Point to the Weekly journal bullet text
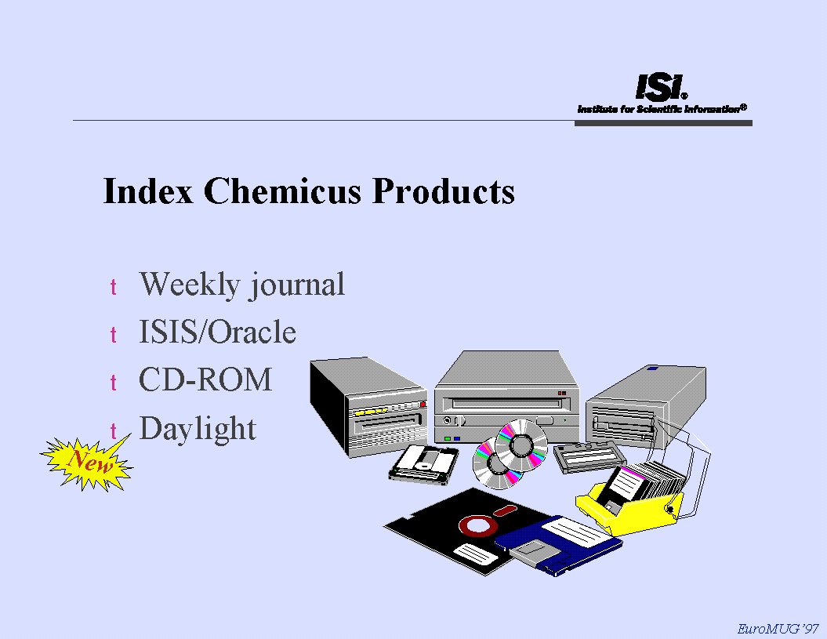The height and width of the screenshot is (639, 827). click(242, 285)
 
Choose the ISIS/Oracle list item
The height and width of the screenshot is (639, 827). click(217, 332)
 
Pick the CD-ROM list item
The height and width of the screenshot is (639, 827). click(205, 379)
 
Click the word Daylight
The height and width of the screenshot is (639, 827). click(198, 428)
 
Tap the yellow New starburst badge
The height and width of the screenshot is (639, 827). click(87, 463)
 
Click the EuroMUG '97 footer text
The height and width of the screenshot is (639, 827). click(778, 629)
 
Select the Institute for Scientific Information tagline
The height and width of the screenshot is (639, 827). click(662, 109)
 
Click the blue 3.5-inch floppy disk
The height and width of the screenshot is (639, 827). click(557, 545)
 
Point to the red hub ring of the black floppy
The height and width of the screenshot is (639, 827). click(477, 525)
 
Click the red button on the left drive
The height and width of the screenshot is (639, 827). click(422, 404)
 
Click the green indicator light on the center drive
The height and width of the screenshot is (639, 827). click(448, 438)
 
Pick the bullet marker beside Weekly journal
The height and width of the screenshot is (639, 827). click(113, 288)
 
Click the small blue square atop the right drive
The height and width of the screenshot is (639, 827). click(652, 368)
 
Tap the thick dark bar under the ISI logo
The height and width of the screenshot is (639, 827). click(663, 123)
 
